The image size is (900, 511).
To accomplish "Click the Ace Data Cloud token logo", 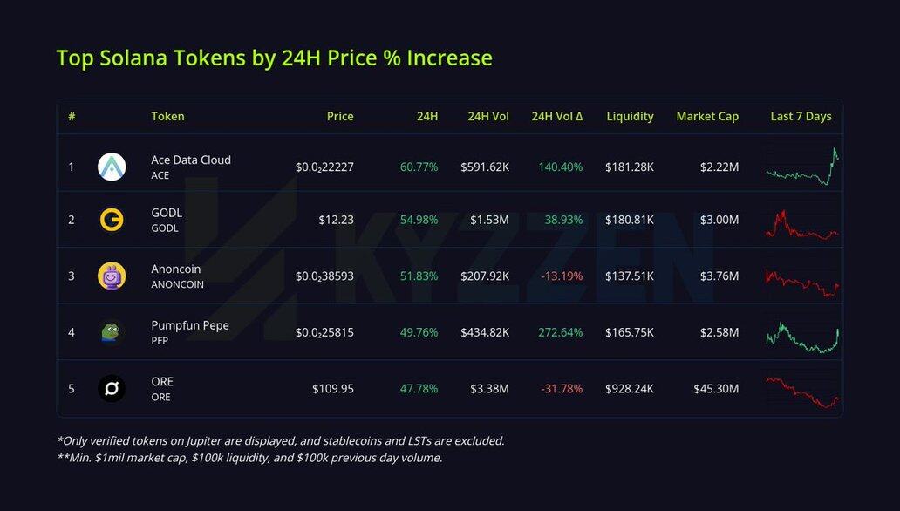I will click(x=112, y=167).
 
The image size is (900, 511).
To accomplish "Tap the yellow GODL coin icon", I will click(x=112, y=220).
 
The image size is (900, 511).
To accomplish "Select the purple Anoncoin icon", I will click(x=112, y=276).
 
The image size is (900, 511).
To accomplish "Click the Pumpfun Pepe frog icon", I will click(x=112, y=332).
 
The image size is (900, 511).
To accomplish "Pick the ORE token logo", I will click(x=112, y=389).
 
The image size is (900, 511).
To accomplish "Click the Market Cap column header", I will click(x=707, y=116).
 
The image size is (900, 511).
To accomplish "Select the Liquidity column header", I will click(x=630, y=116).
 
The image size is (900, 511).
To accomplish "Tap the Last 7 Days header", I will click(x=801, y=116).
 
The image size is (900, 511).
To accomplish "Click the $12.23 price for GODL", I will click(x=336, y=220).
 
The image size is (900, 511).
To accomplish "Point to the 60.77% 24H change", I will click(x=419, y=167).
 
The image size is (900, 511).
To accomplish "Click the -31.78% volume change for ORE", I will click(x=560, y=389).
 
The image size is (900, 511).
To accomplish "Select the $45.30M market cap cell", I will click(x=716, y=389).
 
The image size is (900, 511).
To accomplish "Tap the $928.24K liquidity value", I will click(x=629, y=389).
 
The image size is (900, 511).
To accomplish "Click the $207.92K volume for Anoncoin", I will click(x=485, y=276).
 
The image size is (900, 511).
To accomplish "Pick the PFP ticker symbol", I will click(x=160, y=341).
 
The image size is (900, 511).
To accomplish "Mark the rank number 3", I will click(x=72, y=276).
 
